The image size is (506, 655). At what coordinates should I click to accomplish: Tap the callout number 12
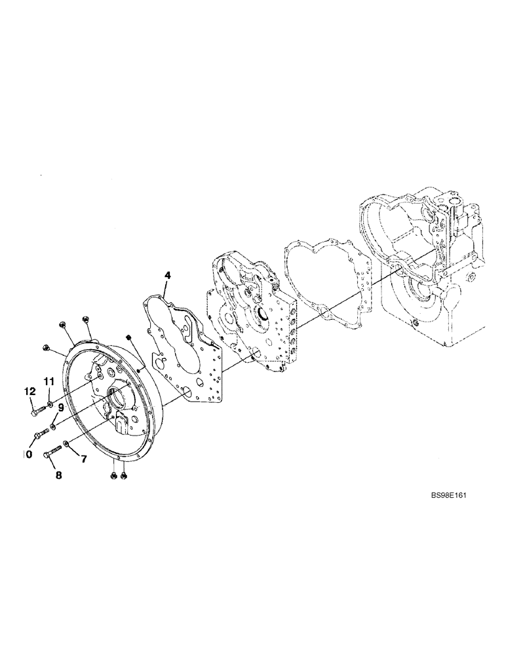pyautogui.click(x=29, y=391)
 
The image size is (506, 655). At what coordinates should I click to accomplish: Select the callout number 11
pyautogui.click(x=49, y=381)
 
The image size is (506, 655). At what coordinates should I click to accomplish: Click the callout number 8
pyautogui.click(x=58, y=476)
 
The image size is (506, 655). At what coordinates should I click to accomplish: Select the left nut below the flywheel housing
pyautogui.click(x=115, y=475)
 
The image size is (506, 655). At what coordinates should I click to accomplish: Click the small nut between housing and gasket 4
pyautogui.click(x=130, y=337)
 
